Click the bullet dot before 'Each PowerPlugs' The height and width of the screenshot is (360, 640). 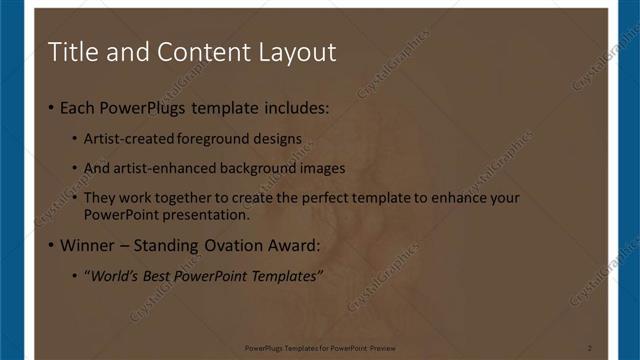[52, 107]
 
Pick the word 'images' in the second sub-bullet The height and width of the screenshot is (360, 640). [323, 168]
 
